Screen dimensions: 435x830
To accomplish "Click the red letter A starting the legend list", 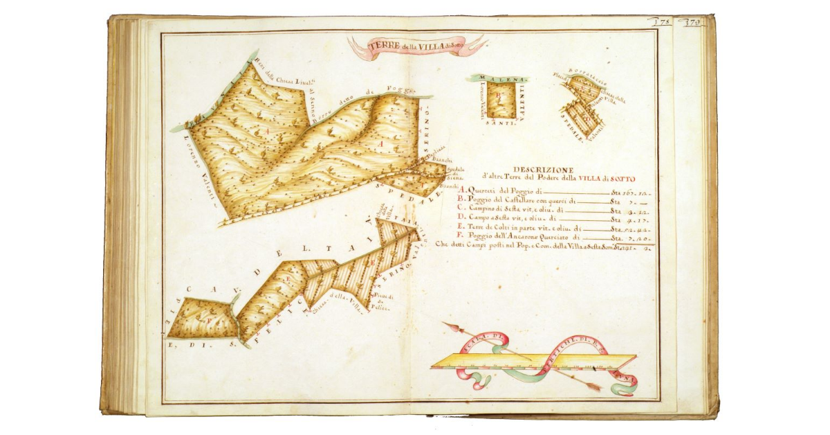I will click(x=461, y=190).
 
